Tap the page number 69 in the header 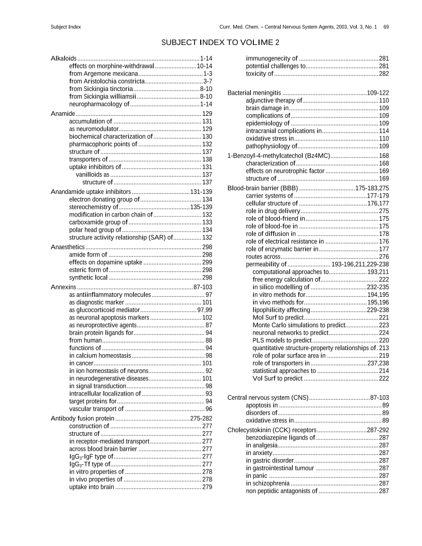pos(386,26)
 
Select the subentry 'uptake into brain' pos(92,487)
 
